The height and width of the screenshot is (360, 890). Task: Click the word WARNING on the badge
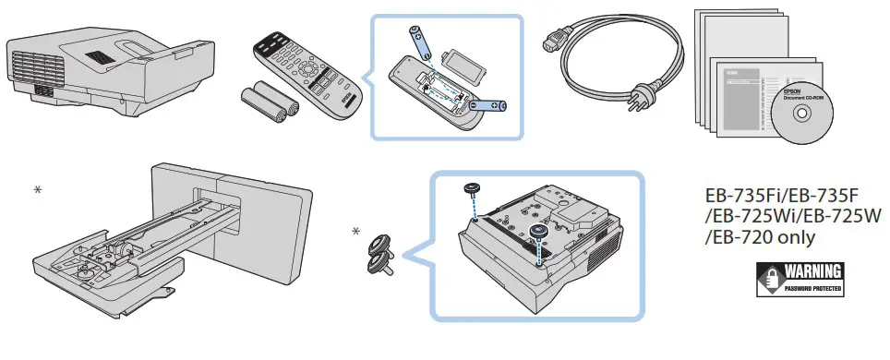tap(812, 273)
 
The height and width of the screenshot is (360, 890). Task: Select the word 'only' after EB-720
tap(795, 238)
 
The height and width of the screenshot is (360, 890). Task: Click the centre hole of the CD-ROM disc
tap(800, 115)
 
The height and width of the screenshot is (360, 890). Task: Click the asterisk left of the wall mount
tap(38, 190)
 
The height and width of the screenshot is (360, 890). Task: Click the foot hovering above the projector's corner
tap(472, 190)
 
